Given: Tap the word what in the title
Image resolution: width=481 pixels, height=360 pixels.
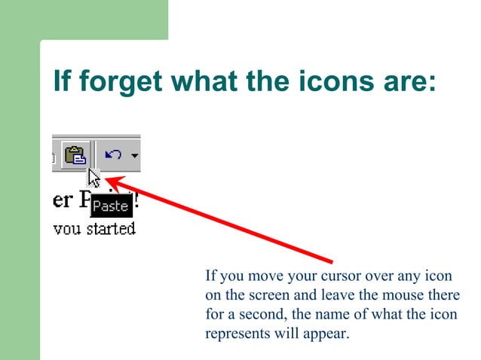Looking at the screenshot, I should click(x=207, y=81).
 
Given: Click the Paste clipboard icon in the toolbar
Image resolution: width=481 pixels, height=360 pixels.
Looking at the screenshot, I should click(x=76, y=156).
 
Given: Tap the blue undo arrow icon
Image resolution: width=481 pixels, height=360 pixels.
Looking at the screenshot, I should click(x=113, y=155).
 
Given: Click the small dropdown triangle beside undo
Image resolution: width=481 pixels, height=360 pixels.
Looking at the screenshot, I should click(x=134, y=156).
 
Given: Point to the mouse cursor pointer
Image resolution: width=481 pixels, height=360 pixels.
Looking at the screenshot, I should click(x=93, y=179).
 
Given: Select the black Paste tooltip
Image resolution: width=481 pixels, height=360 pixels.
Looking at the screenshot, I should click(x=111, y=205).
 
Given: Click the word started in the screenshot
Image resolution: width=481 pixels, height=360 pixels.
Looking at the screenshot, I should click(x=110, y=228).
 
